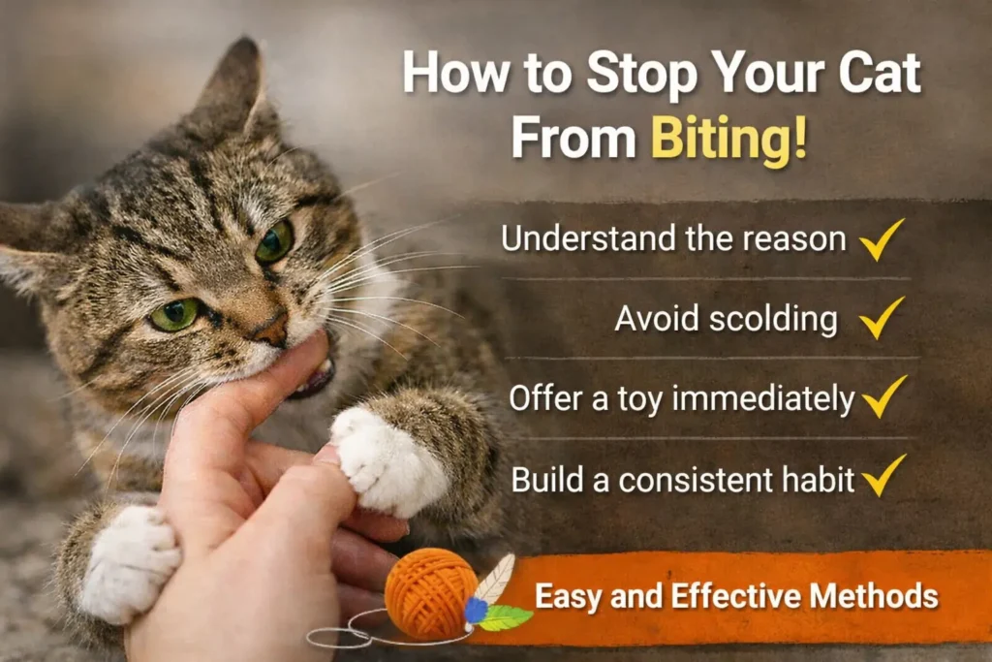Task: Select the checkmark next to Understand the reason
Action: coord(882,238)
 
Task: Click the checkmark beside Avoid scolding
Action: coord(882,318)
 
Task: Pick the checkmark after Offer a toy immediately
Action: coord(882,397)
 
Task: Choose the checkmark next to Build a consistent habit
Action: coord(882,477)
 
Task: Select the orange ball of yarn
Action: coord(430,592)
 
